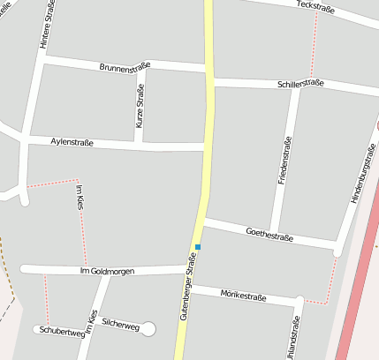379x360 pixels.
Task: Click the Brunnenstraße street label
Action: point(125,66)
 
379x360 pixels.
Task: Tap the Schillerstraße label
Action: point(301,83)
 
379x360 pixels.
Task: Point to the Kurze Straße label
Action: point(140,106)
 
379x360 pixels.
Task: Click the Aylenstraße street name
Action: point(73,141)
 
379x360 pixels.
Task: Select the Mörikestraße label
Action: point(243,295)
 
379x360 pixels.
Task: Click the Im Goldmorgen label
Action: point(107,271)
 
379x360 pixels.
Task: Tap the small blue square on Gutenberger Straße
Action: point(198,247)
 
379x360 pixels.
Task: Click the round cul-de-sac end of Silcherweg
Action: point(148,329)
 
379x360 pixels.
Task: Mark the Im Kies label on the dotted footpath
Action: point(81,197)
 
